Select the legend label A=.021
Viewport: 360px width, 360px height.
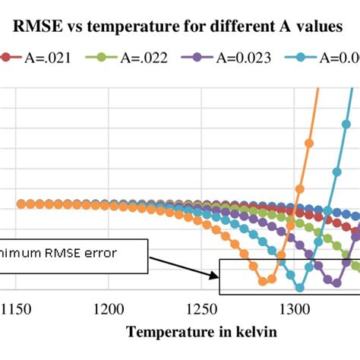tap(48, 57)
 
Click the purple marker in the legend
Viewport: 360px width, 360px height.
tap(198, 57)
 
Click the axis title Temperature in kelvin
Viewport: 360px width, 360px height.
tap(201, 332)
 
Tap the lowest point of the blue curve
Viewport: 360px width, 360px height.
tap(299, 287)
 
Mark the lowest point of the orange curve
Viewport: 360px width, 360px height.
tap(263, 281)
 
